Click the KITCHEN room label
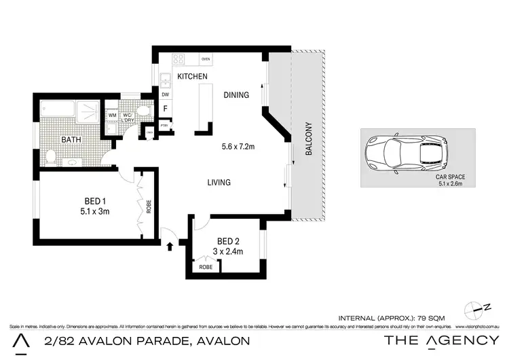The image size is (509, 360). (x=192, y=77)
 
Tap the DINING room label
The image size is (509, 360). (x=236, y=95)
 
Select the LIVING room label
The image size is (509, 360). (x=219, y=182)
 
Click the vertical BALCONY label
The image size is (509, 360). (x=307, y=139)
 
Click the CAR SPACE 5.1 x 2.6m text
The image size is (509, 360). (x=450, y=180)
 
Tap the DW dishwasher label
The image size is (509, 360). (x=165, y=95)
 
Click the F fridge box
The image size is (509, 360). (x=165, y=109)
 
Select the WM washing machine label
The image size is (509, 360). (x=112, y=115)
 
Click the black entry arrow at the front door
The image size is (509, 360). (x=169, y=245)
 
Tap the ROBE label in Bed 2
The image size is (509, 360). (x=205, y=267)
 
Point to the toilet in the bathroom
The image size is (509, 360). (x=51, y=157)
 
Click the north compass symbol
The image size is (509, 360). (x=475, y=308)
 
